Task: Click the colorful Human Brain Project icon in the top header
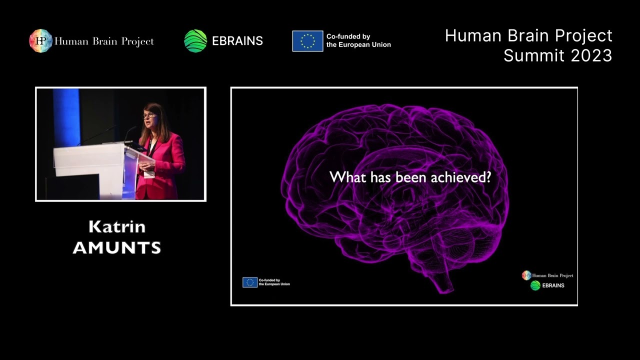[40, 41]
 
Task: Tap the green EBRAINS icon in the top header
[195, 41]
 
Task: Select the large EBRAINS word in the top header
[237, 41]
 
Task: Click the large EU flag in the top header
[307, 41]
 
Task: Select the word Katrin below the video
[117, 227]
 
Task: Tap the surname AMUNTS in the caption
[117, 247]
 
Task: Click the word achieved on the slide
[464, 177]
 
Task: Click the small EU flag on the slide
[250, 282]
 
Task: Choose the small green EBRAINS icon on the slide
[535, 285]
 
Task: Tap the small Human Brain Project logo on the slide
[526, 275]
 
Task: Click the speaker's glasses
[149, 115]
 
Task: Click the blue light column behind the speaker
[66, 117]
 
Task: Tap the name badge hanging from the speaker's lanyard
[149, 174]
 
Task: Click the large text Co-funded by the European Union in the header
[358, 41]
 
